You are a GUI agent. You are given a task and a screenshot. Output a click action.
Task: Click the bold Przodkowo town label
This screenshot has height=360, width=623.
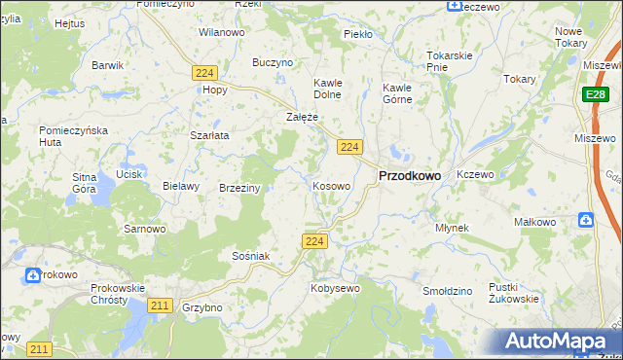pos(408,175)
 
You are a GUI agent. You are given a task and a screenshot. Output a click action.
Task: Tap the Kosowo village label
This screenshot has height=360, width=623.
pos(331,185)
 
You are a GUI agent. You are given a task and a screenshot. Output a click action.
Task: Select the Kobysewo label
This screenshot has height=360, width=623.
pos(335,288)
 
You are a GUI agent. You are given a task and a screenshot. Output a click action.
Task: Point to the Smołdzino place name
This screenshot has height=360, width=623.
pos(448,291)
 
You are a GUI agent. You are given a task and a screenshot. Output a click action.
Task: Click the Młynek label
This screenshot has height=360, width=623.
pos(452,228)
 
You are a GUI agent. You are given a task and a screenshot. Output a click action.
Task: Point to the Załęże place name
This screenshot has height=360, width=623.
pos(303,117)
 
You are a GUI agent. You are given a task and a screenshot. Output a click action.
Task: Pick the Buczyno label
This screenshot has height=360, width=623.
pos(273,62)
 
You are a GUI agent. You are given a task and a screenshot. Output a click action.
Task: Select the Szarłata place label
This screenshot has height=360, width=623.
pos(209,135)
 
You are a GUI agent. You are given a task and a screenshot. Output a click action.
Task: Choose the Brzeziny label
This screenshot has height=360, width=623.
pos(239,188)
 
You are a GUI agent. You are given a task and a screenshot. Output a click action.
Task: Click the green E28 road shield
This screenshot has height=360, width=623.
pos(596,94)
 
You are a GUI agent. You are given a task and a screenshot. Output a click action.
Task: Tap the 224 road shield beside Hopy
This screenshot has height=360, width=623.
pos(203,73)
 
